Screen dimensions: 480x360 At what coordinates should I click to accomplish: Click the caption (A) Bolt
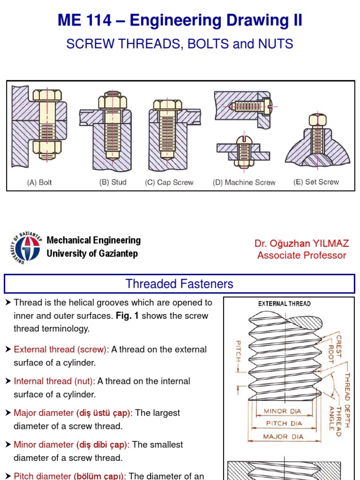[39, 183]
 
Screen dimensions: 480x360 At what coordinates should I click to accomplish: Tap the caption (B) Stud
[113, 182]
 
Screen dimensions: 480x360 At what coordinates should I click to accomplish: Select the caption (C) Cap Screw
[169, 183]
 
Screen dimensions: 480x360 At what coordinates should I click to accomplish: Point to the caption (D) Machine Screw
[244, 183]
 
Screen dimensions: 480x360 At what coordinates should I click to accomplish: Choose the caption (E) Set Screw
[316, 182]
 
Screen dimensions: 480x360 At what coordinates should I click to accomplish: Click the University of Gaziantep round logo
[25, 247]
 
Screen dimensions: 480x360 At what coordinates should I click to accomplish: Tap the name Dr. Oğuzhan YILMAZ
[301, 243]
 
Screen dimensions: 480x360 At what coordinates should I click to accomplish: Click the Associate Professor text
[301, 255]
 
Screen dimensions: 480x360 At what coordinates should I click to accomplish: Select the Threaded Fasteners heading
[180, 284]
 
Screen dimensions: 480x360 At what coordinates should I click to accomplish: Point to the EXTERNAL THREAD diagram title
[284, 304]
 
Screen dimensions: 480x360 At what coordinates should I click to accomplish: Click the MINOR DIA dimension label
[282, 412]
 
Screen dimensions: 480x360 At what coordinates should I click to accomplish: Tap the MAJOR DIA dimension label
[283, 436]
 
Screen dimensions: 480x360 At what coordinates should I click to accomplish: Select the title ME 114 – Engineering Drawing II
[180, 21]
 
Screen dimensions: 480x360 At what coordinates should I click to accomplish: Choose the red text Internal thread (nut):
[54, 382]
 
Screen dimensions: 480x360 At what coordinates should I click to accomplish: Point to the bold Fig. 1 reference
[127, 316]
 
